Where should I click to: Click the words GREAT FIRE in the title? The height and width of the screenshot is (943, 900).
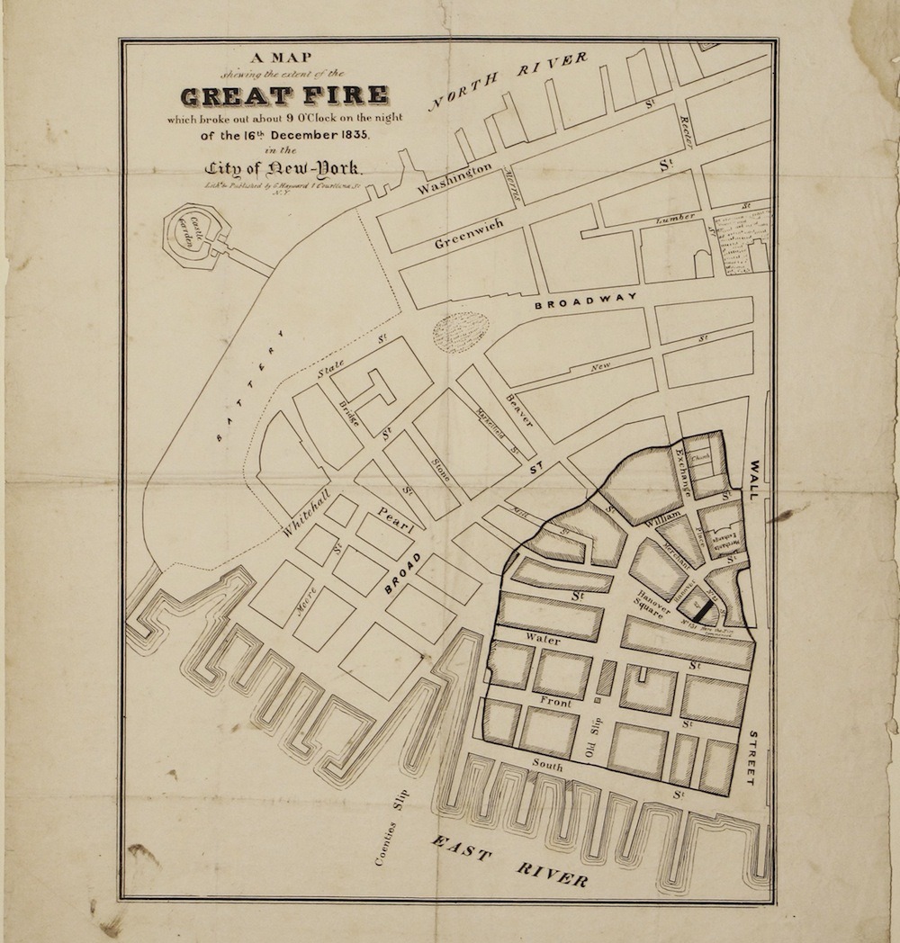[x=285, y=95]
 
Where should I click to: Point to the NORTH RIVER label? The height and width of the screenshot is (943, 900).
[x=508, y=82]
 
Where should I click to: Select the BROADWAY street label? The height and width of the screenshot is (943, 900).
[x=586, y=304]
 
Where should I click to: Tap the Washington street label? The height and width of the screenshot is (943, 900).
[x=454, y=178]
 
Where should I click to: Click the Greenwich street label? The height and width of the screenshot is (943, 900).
[x=467, y=231]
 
